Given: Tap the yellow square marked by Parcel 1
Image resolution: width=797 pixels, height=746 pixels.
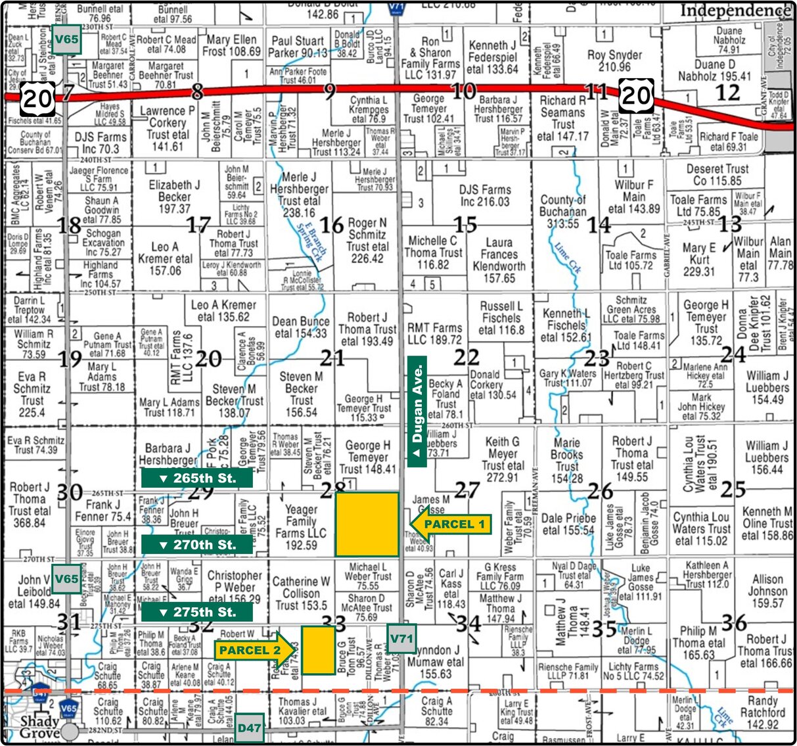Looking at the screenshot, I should point(367,525).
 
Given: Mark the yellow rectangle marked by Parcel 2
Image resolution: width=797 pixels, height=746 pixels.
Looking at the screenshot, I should point(318,650).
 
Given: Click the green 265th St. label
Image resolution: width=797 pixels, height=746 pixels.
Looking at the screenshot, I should point(196,478).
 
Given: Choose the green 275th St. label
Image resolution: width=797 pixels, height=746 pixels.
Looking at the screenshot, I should point(196,612).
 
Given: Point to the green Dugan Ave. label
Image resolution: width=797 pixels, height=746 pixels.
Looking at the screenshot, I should point(417,411).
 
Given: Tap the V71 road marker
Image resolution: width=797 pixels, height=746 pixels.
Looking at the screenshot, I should point(401,638).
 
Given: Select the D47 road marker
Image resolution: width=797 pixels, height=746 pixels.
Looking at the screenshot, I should point(250,728).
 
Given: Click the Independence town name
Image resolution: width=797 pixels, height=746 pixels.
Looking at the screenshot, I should point(735,11).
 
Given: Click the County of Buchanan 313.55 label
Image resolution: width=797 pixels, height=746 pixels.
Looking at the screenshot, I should point(562,212).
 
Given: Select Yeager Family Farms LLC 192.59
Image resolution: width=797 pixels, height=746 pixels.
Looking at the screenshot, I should point(301,527).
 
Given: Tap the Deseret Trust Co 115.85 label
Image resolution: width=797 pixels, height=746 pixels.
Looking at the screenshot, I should point(717,174).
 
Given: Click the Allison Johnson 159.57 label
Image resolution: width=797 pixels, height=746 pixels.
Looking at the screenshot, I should point(767,590).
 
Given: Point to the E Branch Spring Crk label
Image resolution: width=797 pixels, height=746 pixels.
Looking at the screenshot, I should point(311,241).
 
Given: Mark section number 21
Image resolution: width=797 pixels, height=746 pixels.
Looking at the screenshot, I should point(332,358).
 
